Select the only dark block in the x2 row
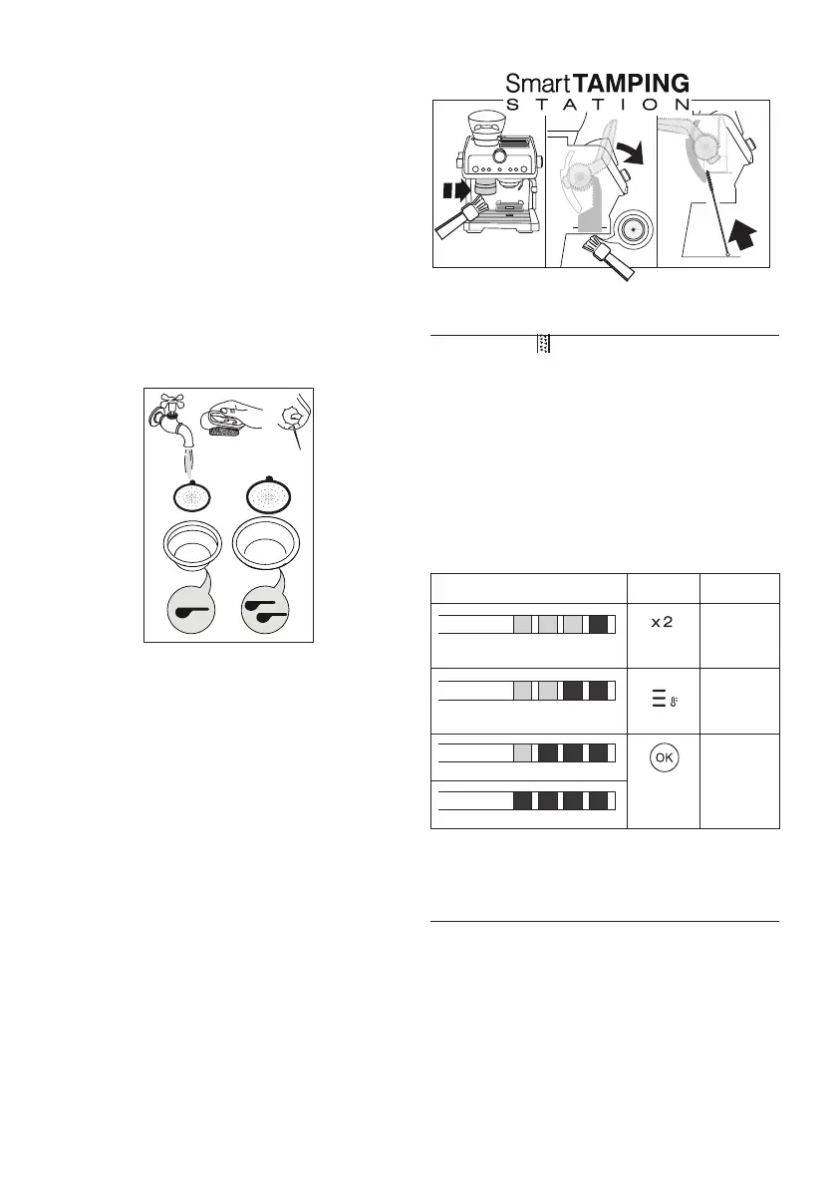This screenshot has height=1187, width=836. [599, 625]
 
